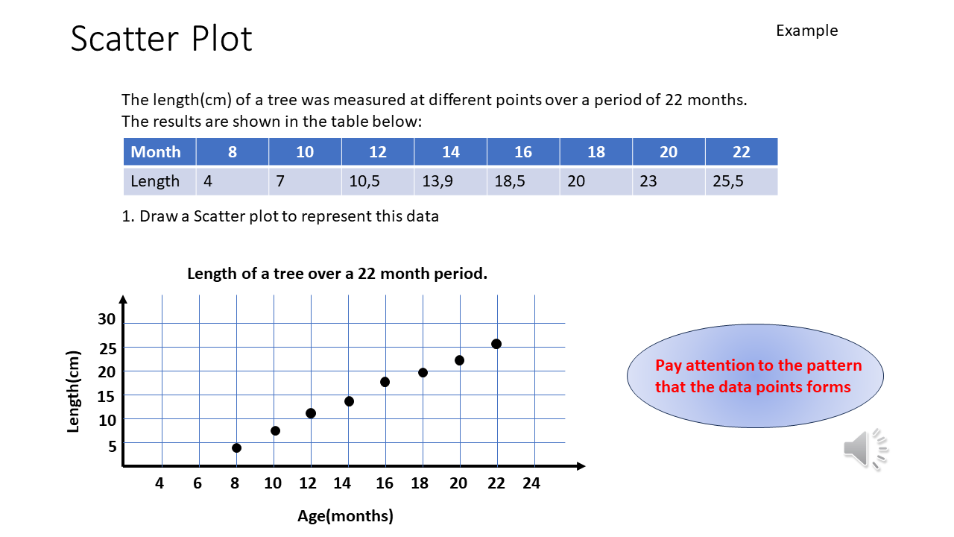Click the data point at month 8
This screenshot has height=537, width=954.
[x=236, y=447]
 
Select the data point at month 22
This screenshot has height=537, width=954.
[x=496, y=344]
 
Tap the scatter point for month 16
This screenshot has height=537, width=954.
[x=385, y=382]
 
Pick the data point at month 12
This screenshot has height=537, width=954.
[x=311, y=413]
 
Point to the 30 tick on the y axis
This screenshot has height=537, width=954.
[x=107, y=319]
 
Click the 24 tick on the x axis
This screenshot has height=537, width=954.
[x=531, y=483]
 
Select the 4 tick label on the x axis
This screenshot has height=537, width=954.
[x=159, y=483]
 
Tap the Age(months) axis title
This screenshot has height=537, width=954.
[x=345, y=515]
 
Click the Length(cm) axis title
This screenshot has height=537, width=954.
[x=74, y=392]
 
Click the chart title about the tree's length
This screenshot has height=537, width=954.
[x=337, y=274]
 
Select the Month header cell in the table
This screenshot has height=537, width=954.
[x=156, y=152]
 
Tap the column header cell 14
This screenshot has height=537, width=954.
[x=451, y=152]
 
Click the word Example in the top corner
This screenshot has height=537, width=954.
[x=806, y=31]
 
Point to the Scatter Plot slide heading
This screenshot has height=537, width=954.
[x=162, y=39]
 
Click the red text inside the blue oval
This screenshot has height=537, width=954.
[x=754, y=376]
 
